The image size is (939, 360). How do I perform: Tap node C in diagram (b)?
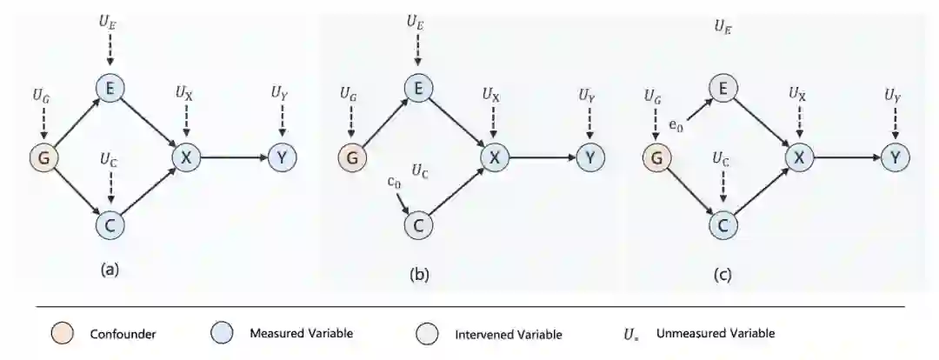pos(418,226)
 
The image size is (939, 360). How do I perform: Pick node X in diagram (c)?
pos(799,157)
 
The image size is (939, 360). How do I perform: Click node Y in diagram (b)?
pos(590,157)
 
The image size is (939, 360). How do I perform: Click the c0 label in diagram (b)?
pos(394,182)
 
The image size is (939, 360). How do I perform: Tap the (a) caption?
pos(110,269)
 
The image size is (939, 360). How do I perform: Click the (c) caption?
pos(723,275)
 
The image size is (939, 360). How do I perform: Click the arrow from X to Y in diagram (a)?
pos(234,157)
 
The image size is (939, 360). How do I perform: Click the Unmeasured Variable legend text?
pos(715,332)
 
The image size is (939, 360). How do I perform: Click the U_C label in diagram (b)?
pos(420,170)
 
